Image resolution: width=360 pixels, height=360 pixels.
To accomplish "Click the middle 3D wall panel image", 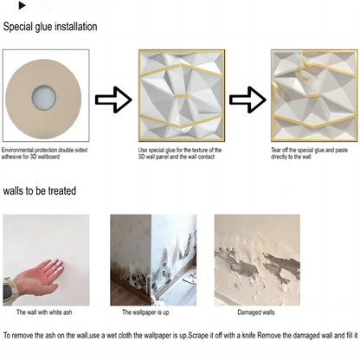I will coord(179,97).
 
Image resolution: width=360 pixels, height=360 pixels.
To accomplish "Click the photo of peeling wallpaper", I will coord(154,259).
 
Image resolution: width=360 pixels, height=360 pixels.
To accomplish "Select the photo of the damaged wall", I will coord(256,259).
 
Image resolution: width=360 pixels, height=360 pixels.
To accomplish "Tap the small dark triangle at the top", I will coord(22,6).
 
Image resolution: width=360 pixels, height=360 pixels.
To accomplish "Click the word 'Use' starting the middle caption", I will coord(144,151).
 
